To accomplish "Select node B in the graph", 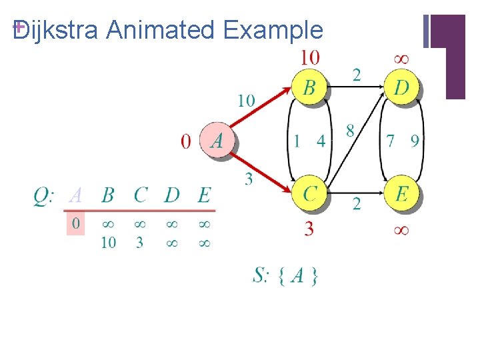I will pos(310,87).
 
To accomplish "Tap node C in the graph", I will pos(310,193).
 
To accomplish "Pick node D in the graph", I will pos(402,87).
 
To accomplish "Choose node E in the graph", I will pos(402,193).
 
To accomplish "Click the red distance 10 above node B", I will pos(309,58).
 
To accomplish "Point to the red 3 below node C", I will pos(309,230).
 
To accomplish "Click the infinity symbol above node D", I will pos(401,59).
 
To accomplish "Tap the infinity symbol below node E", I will pos(401,230).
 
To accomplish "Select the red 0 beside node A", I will pos(186,141).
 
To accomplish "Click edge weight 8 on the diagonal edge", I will pos(350,131).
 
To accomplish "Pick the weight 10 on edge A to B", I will pos(246,101).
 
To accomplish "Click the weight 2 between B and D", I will pos(357,74).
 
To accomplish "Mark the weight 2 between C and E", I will pos(357,204).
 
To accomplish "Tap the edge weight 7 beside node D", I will pos(391,141).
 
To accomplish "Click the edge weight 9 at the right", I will pos(415,141).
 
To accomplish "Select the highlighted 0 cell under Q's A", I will pos(76,223).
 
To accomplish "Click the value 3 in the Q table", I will pos(139,243).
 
